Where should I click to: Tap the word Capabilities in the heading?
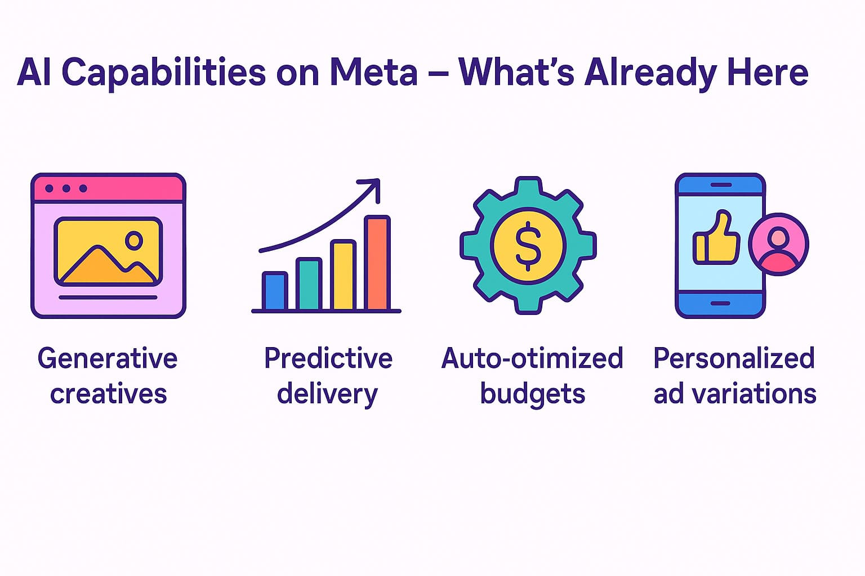click(163, 73)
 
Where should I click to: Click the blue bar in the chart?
click(275, 291)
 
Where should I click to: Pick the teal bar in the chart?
click(309, 285)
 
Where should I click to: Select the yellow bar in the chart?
click(343, 276)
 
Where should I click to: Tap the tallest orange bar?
click(377, 263)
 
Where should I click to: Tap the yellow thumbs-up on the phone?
click(715, 238)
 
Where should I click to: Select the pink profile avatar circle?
click(778, 244)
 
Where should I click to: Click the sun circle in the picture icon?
click(134, 241)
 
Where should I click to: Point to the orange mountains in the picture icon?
click(107, 267)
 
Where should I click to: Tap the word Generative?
click(108, 358)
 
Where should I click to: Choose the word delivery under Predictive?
click(327, 394)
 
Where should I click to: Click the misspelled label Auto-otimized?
click(532, 358)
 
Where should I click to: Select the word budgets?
click(532, 394)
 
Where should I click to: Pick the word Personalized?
click(734, 358)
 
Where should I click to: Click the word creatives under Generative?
click(108, 394)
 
